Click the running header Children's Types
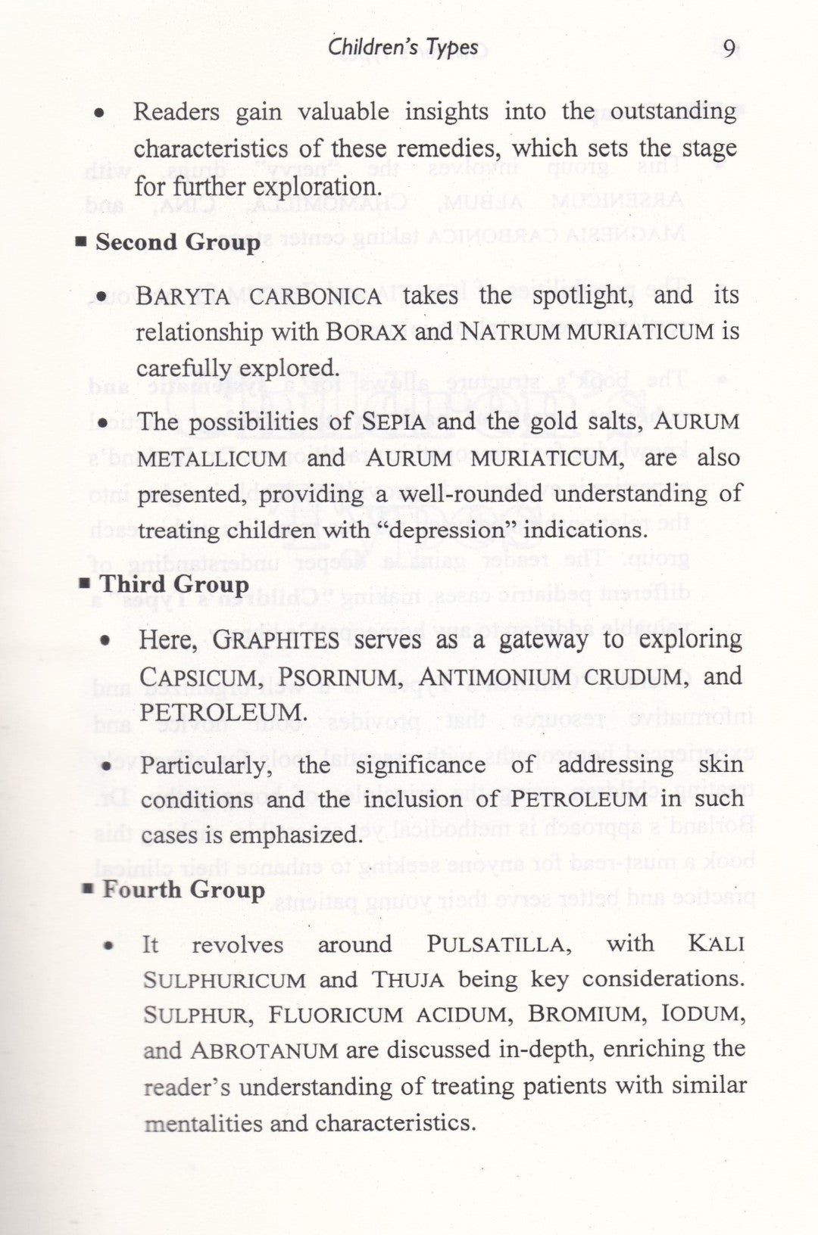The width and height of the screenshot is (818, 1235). [x=403, y=48]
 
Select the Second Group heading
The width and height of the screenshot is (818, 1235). [x=177, y=242]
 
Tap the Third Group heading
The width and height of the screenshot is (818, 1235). [x=174, y=585]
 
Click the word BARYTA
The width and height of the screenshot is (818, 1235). [x=183, y=296]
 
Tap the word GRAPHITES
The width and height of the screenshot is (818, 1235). [x=276, y=640]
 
